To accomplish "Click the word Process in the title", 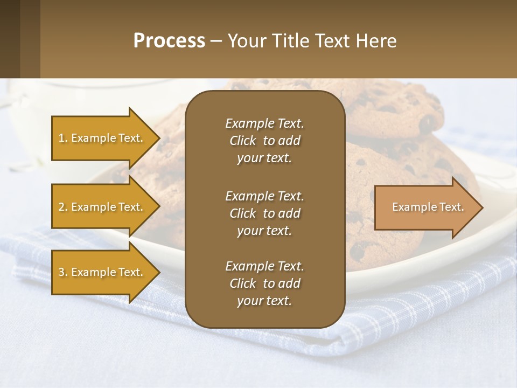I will pyautogui.click(x=169, y=41).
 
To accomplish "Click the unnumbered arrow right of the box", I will pyautogui.click(x=425, y=207).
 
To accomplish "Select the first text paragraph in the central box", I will pyautogui.click(x=264, y=141).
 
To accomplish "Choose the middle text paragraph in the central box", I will pyautogui.click(x=264, y=213).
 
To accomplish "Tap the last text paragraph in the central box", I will pyautogui.click(x=264, y=283).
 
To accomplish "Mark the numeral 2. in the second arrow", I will pyautogui.click(x=63, y=207).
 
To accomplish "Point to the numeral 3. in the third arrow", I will pyautogui.click(x=63, y=272).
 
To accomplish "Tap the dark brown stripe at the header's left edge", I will pyautogui.click(x=10, y=39).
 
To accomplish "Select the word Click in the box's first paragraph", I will pyautogui.click(x=243, y=141).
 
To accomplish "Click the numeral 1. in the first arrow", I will pyautogui.click(x=63, y=138).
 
